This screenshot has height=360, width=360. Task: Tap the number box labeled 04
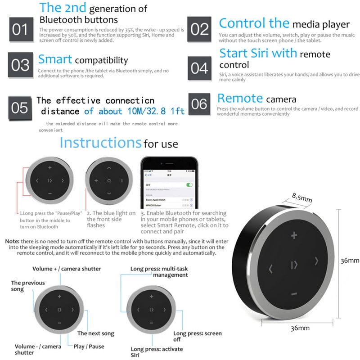[199, 68]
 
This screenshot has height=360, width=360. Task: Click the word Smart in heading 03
[55, 59]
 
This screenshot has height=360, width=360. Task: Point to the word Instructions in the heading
[100, 143]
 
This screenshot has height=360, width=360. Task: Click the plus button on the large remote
[294, 235]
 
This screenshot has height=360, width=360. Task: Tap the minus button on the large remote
[294, 294]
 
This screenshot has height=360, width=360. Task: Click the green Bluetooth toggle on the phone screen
[189, 185]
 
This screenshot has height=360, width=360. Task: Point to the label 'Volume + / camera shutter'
[66, 269]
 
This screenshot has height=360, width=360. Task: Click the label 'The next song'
[96, 333]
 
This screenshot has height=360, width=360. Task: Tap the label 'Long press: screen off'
[198, 336]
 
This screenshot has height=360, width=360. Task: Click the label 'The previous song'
[28, 286]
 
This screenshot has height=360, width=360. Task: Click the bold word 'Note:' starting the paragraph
[12, 242]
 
